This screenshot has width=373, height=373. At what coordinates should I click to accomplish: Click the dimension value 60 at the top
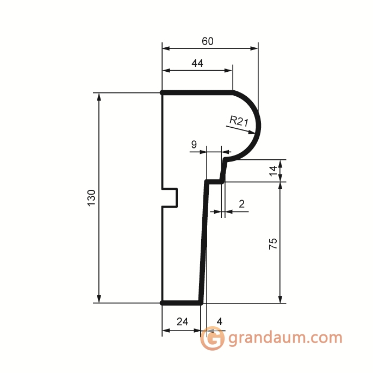point(207,41)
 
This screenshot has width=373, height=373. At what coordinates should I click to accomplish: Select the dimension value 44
point(197,64)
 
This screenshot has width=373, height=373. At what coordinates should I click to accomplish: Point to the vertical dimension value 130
point(91,197)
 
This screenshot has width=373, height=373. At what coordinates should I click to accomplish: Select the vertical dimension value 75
point(273,243)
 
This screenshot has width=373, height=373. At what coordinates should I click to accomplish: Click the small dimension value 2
point(241,204)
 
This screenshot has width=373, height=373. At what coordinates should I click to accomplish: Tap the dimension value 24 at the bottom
point(183,321)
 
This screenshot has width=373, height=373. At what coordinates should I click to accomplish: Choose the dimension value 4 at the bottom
point(219,321)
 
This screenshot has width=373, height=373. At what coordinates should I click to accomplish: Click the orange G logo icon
point(212,339)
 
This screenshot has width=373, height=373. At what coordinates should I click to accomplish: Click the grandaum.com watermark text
point(285,338)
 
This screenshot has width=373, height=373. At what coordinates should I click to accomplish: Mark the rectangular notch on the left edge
point(171,197)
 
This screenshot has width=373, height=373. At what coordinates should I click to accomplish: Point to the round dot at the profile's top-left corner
point(163,93)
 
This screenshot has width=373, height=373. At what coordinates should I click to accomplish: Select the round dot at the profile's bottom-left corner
point(163,302)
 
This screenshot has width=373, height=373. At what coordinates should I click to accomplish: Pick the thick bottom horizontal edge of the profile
point(182,302)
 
